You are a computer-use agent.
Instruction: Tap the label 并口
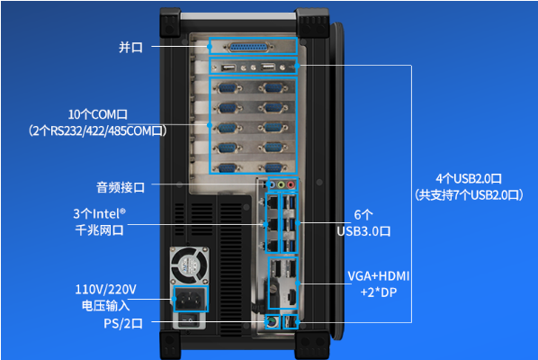[130, 47]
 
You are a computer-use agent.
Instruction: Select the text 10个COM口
[98, 114]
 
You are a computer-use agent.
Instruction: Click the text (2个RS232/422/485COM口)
[98, 130]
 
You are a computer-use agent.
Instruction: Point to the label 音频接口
[120, 187]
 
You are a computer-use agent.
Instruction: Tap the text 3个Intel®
[99, 214]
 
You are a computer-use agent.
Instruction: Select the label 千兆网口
[99, 230]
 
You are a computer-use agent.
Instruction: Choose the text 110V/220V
[105, 289]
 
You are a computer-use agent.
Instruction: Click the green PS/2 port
[269, 321]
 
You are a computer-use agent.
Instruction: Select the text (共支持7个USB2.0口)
[469, 193]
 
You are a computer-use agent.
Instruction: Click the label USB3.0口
[363, 230]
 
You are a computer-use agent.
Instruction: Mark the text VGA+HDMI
[378, 275]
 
